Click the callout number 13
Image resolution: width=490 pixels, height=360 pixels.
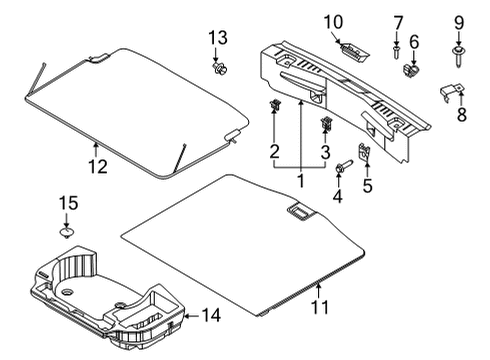[217, 38]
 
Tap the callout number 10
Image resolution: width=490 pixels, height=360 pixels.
[331, 22]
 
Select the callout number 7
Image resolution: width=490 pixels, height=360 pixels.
[397, 22]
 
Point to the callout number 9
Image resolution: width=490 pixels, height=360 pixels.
[460, 22]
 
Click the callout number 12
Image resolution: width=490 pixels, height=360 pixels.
[96, 166]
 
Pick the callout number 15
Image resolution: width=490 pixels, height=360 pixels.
[67, 204]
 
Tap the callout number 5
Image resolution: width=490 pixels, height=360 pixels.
[367, 185]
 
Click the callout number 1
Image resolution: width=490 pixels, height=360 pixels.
[300, 180]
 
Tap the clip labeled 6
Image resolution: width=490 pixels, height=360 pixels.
[411, 70]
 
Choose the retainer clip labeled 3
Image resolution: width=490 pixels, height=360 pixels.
[326, 125]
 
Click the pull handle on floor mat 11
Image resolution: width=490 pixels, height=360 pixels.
[298, 212]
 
